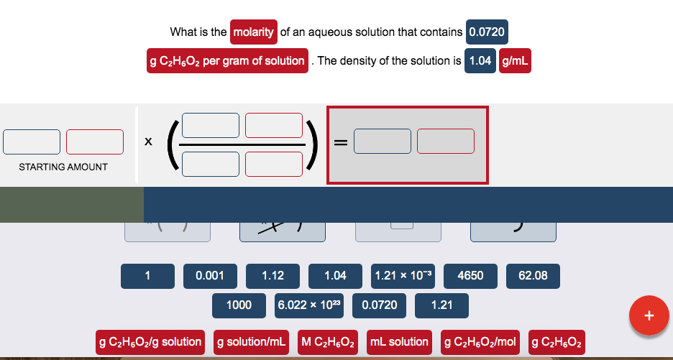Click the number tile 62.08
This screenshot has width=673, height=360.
533,275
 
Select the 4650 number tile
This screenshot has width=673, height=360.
470,275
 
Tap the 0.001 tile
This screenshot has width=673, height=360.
210,275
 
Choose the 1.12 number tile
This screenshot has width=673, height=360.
273,275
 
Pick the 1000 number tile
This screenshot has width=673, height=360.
239,305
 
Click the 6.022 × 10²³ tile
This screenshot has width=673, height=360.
310,305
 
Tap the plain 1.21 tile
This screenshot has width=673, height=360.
441,305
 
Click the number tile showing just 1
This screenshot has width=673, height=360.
147,275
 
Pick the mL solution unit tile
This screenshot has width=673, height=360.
399,341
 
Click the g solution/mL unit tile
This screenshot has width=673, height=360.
252,341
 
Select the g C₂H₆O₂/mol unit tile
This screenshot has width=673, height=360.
480,341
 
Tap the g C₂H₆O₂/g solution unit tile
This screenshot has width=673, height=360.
150,341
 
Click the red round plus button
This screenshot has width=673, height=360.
649,315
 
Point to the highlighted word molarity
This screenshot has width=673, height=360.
253,32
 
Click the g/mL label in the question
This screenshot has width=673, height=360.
514,60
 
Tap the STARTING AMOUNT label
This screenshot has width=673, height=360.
63,167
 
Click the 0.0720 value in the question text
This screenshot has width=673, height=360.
487,32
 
